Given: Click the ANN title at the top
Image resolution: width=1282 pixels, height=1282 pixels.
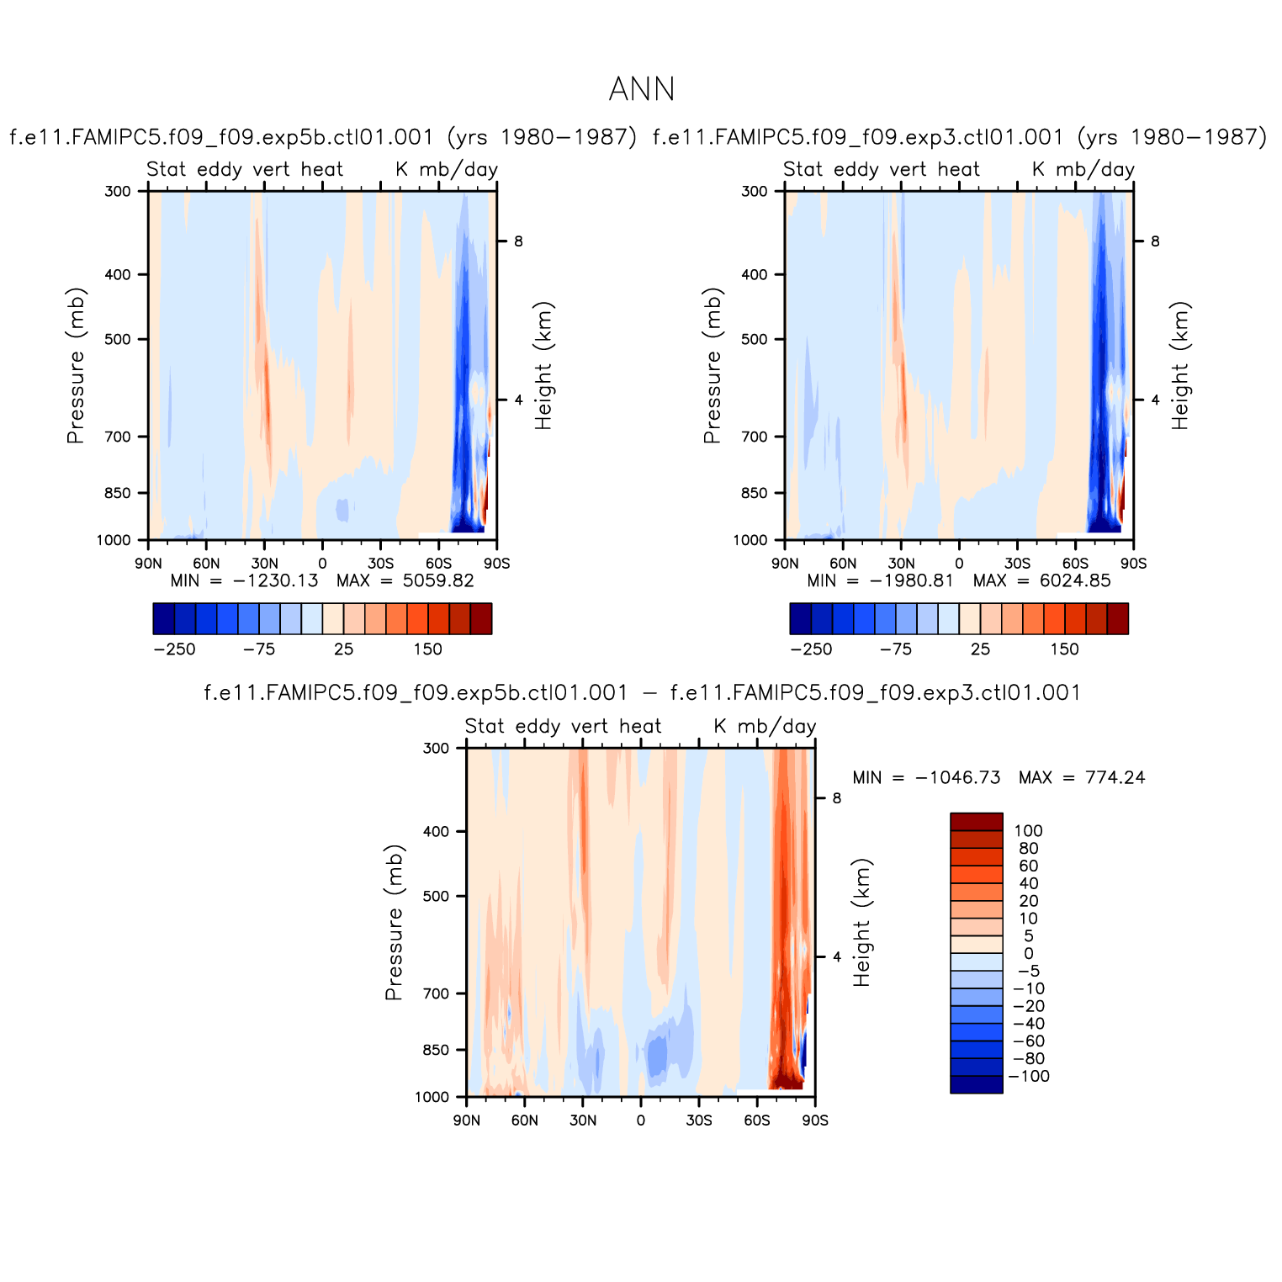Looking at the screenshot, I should pyautogui.click(x=641, y=89).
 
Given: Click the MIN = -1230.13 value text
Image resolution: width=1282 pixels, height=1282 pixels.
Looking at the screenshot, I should pyautogui.click(x=244, y=580).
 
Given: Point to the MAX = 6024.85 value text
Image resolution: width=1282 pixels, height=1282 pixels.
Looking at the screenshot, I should pyautogui.click(x=1041, y=580).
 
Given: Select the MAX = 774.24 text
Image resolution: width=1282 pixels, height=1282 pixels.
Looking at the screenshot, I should pyautogui.click(x=1082, y=777).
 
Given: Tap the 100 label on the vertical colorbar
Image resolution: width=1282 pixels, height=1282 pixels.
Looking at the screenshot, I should pyautogui.click(x=1028, y=831).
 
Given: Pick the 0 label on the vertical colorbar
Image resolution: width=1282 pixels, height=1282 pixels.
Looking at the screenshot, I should pyautogui.click(x=1028, y=954).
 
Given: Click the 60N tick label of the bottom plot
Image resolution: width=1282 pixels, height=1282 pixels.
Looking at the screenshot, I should pyautogui.click(x=525, y=1120).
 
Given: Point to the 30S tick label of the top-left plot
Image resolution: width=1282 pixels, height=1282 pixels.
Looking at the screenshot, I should pyautogui.click(x=380, y=564).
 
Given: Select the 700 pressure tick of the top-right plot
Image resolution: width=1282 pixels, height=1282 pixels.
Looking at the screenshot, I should pyautogui.click(x=755, y=437).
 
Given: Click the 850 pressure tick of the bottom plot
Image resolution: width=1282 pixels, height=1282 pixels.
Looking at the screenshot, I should pyautogui.click(x=436, y=1050).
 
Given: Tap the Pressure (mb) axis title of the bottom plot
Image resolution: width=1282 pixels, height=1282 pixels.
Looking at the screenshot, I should pyautogui.click(x=395, y=922).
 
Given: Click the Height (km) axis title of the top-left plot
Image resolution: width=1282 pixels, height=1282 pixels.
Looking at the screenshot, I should pyautogui.click(x=543, y=366).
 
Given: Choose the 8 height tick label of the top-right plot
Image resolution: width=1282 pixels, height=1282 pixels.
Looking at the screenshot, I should pyautogui.click(x=1155, y=241).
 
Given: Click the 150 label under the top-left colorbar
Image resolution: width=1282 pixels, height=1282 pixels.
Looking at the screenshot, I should pyautogui.click(x=427, y=649).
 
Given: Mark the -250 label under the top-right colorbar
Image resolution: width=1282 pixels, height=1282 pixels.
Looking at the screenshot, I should pyautogui.click(x=811, y=649).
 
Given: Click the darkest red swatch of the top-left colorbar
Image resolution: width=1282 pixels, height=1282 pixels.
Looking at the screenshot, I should pyautogui.click(x=481, y=618).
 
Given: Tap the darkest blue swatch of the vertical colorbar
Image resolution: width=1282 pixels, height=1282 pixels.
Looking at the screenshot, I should pyautogui.click(x=976, y=1085).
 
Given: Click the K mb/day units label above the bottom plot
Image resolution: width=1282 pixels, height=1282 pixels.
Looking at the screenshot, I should pyautogui.click(x=765, y=726).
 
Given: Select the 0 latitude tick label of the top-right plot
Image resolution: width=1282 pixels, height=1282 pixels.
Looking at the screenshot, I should pyautogui.click(x=959, y=564).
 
